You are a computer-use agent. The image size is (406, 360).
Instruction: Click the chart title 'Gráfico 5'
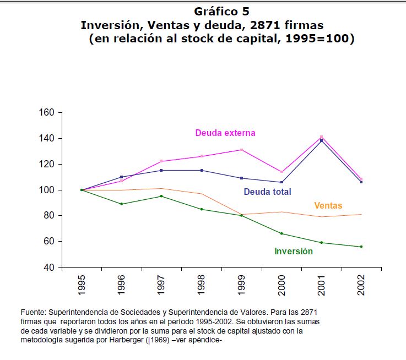(x=218, y=12)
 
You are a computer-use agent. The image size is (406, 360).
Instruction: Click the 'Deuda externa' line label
(x=225, y=133)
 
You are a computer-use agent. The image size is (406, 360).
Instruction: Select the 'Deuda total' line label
(x=267, y=192)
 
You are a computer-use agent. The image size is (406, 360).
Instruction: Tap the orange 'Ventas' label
(x=328, y=205)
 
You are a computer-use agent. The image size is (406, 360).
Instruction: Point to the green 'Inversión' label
(x=294, y=251)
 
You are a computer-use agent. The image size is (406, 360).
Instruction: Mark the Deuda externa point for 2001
(x=321, y=137)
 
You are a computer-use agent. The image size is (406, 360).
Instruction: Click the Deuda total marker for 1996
(x=121, y=177)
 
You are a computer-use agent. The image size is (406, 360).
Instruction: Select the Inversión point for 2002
(x=361, y=247)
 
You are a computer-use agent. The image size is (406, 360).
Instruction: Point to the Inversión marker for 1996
(x=121, y=204)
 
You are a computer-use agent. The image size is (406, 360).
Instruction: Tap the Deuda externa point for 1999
(x=241, y=150)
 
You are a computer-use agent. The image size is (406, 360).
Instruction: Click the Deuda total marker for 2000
(x=282, y=182)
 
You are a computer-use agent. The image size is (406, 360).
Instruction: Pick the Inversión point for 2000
(x=282, y=233)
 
